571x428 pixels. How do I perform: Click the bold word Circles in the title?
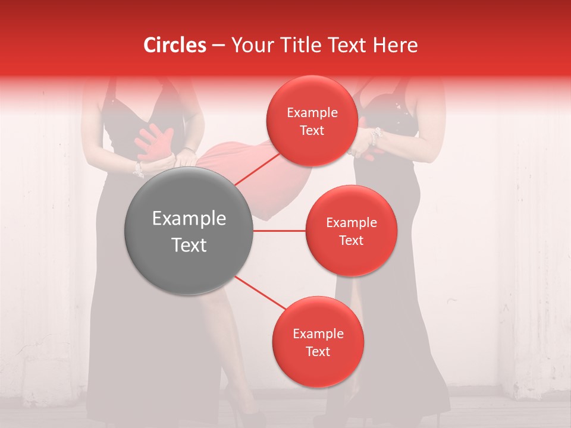174,45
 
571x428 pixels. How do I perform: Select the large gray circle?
189,231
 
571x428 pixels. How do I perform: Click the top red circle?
311,121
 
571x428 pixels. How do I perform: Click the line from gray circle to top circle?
256,168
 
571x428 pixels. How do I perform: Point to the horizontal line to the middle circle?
280,231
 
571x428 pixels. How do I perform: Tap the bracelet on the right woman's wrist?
374,137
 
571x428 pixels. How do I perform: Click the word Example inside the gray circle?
189,219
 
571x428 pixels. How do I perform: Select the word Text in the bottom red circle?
318,351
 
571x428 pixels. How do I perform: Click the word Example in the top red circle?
312,113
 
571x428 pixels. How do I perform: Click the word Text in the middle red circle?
351,240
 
